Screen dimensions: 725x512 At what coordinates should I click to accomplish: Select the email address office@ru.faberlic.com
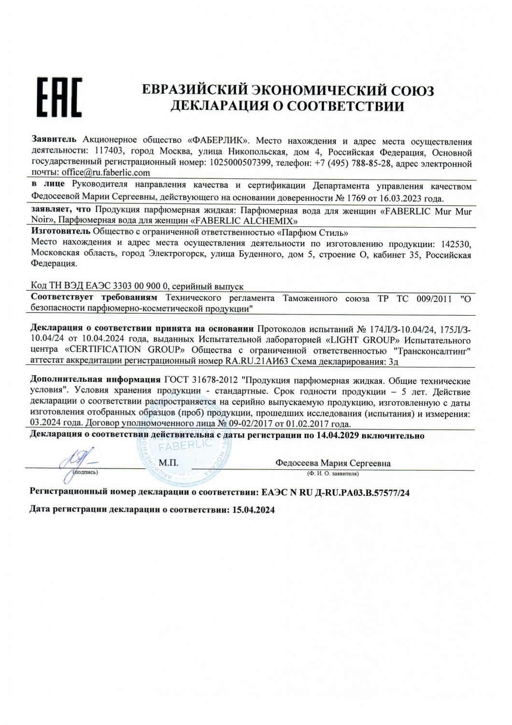click(x=106, y=173)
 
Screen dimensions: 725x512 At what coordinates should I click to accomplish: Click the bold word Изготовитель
click(x=60, y=232)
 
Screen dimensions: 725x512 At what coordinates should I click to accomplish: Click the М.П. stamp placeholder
click(x=169, y=463)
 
